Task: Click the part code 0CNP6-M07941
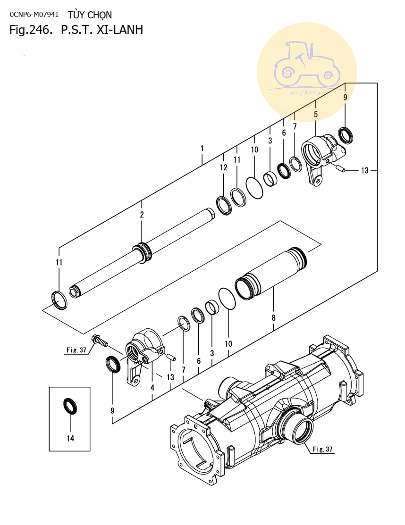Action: pyautogui.click(x=34, y=15)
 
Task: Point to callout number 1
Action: pyautogui.click(x=202, y=149)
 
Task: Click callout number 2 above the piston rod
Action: pyautogui.click(x=142, y=215)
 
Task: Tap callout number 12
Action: pyautogui.click(x=224, y=167)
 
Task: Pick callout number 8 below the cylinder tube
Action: pyautogui.click(x=274, y=318)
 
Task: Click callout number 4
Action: pyautogui.click(x=152, y=388)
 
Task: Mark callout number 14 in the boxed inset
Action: pyautogui.click(x=70, y=439)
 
